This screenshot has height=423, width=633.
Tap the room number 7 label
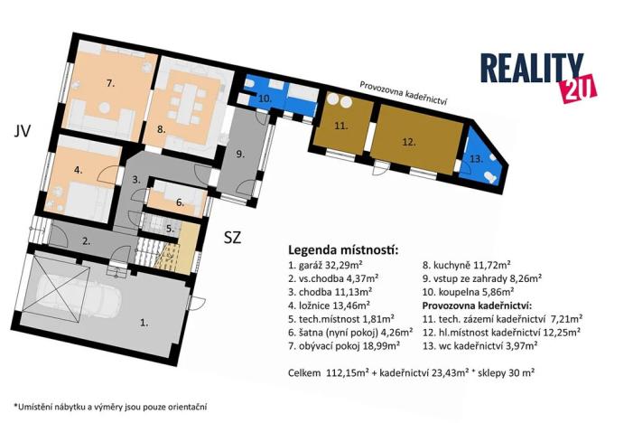coord(109,83)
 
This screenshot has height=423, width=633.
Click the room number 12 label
coord(408,141)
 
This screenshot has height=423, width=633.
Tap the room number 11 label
coord(340,127)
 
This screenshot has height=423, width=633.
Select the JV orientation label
coord(23,132)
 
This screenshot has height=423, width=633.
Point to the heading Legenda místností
coord(342,249)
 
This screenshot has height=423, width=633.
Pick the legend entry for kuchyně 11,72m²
coord(470,266)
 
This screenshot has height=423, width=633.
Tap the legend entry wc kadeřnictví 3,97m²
coord(496,343)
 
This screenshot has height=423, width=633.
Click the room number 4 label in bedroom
coord(79,169)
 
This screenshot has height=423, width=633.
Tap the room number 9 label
coord(239,155)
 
